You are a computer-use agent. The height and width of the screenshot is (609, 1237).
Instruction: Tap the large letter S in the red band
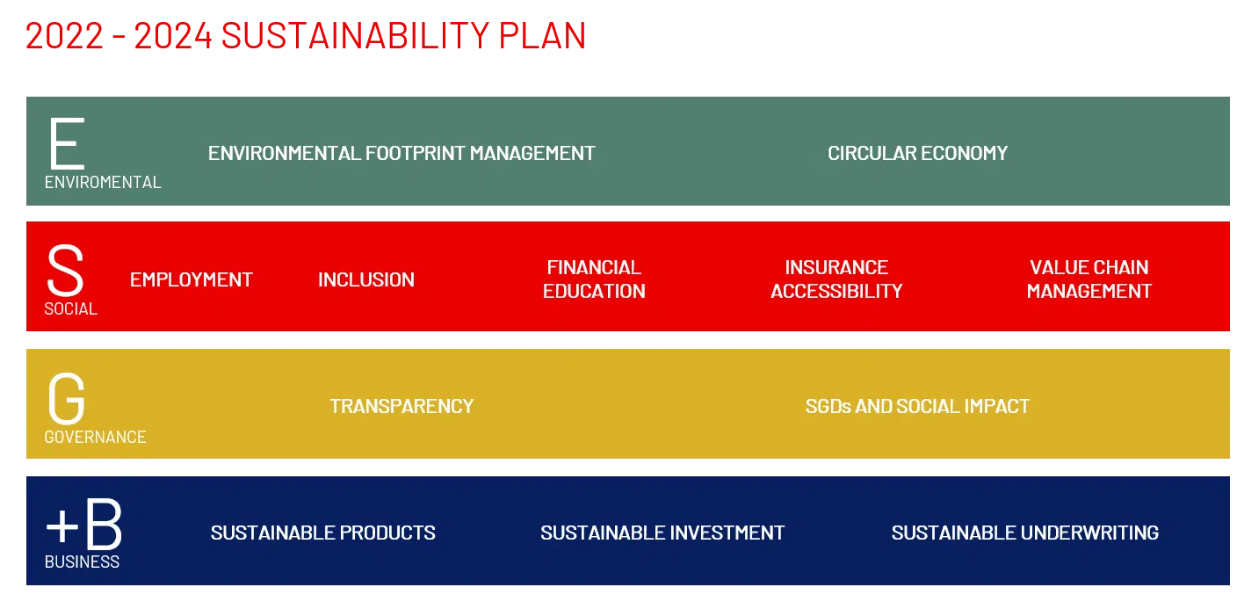pyautogui.click(x=65, y=271)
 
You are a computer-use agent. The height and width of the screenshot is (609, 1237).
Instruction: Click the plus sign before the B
pyautogui.click(x=61, y=526)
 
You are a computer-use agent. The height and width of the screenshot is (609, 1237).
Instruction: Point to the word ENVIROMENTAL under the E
pyautogui.click(x=103, y=183)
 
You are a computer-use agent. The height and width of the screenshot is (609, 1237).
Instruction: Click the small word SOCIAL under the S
pyautogui.click(x=70, y=309)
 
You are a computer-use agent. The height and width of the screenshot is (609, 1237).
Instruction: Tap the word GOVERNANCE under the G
pyautogui.click(x=95, y=437)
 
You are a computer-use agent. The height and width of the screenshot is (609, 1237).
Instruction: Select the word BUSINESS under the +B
pyautogui.click(x=82, y=562)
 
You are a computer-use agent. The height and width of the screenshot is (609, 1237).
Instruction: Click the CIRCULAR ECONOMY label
pyautogui.click(x=917, y=153)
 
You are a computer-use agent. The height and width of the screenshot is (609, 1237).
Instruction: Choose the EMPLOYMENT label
pyautogui.click(x=191, y=279)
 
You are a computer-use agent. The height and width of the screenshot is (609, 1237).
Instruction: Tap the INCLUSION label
pyautogui.click(x=366, y=279)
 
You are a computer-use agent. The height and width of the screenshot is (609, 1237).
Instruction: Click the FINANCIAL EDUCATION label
pyautogui.click(x=594, y=279)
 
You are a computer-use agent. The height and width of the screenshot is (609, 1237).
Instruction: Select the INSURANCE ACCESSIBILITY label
pyautogui.click(x=836, y=279)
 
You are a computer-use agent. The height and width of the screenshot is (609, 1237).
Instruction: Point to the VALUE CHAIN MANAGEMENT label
pyautogui.click(x=1089, y=279)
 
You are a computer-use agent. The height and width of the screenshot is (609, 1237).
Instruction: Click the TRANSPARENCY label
pyautogui.click(x=401, y=406)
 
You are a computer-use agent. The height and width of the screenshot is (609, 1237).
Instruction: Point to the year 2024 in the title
pyautogui.click(x=173, y=36)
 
